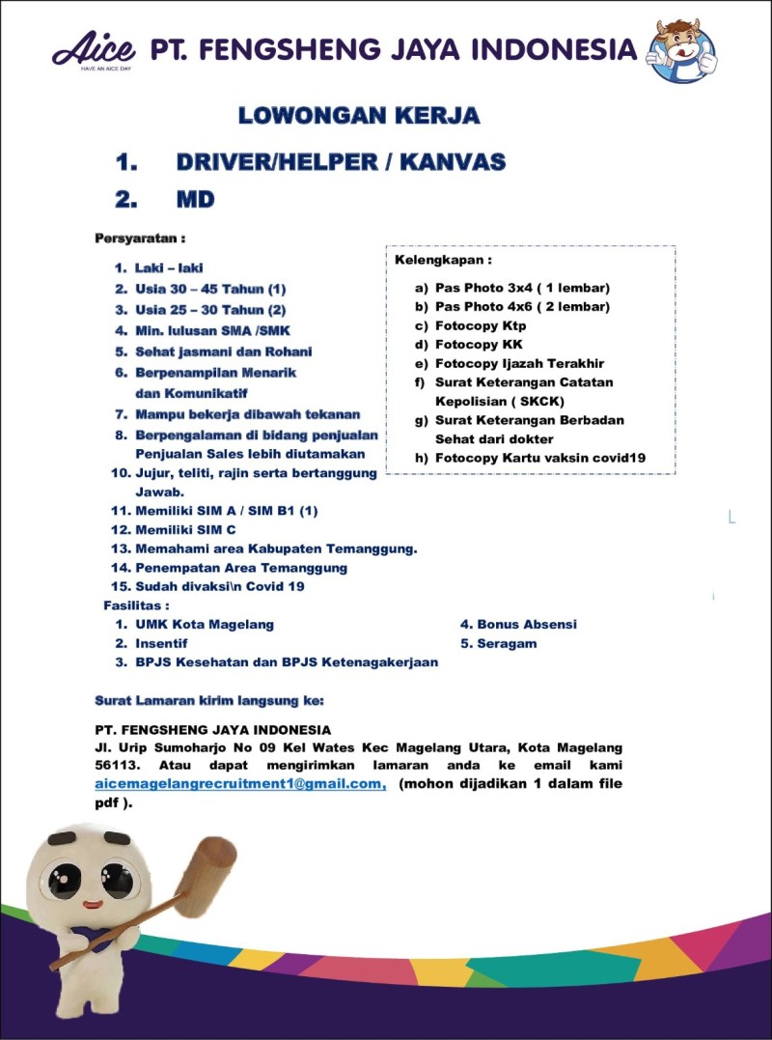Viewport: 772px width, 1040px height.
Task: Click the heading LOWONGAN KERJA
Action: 359,117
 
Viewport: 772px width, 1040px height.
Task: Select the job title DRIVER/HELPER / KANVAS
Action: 341,162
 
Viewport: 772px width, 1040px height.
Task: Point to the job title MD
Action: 194,200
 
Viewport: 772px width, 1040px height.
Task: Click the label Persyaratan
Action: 139,238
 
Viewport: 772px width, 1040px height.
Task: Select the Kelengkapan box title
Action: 443,261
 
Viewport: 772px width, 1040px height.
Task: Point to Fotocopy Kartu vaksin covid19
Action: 539,459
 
